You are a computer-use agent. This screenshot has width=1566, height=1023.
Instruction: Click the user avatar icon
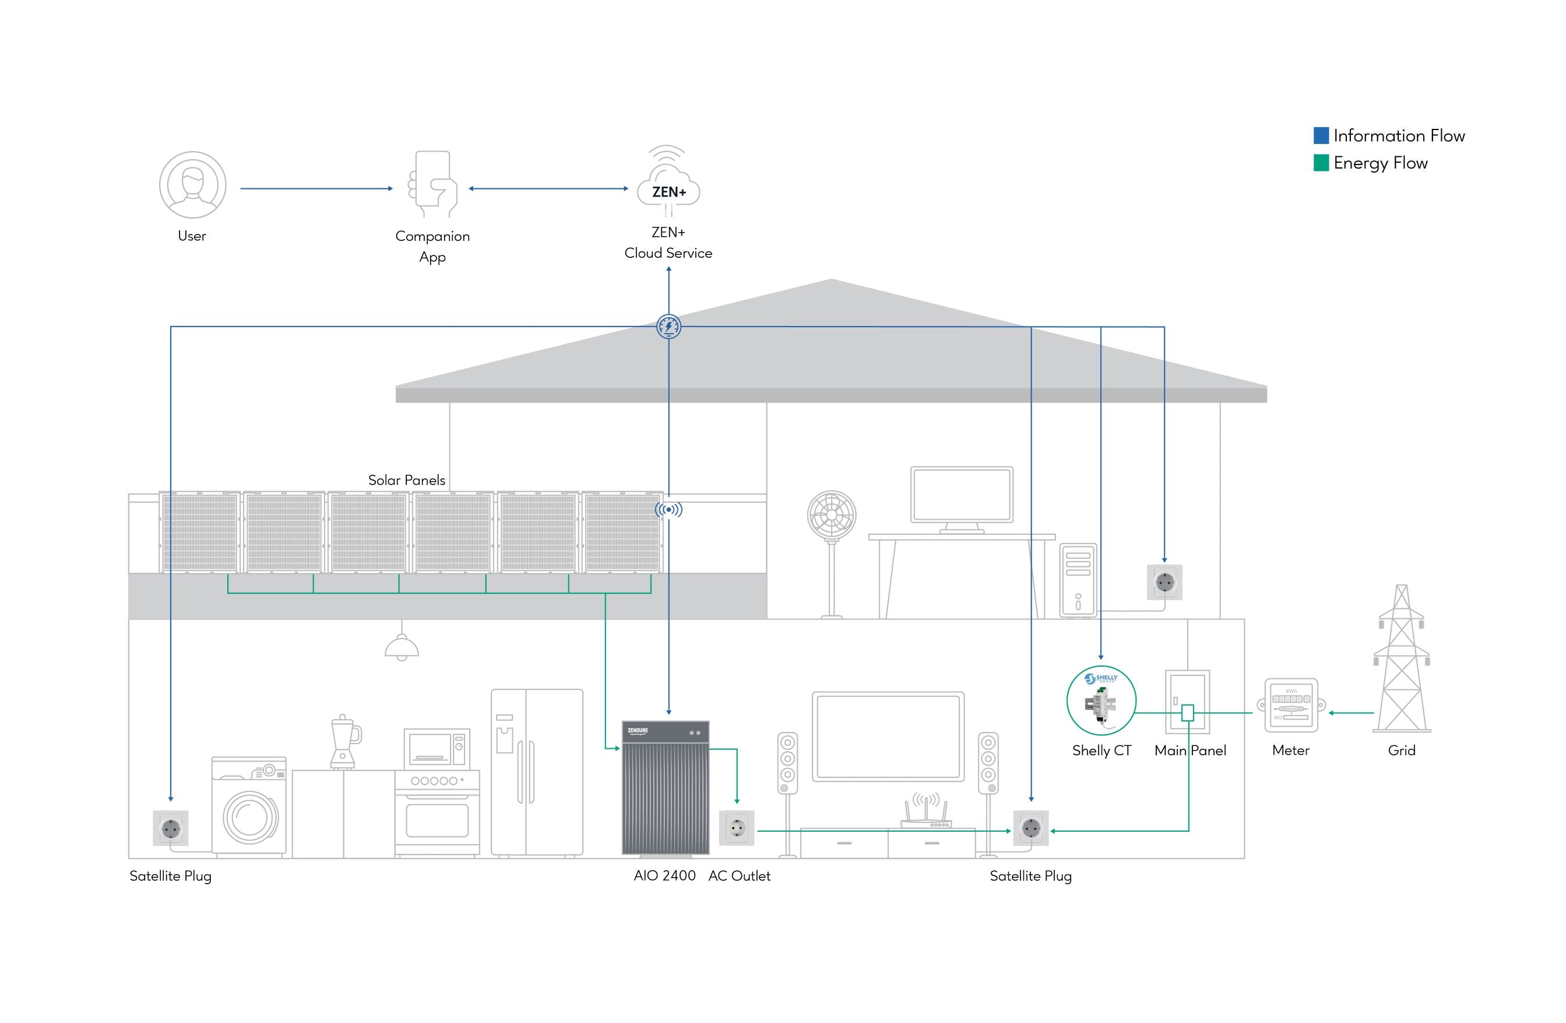(192, 185)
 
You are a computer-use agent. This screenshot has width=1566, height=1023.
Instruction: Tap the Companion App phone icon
(432, 184)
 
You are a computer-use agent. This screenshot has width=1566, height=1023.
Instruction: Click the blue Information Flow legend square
(1321, 136)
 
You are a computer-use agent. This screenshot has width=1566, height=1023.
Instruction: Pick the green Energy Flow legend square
(1321, 163)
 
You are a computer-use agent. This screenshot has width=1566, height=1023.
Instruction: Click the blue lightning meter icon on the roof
(668, 327)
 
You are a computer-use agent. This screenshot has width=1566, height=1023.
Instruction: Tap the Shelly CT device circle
(1101, 700)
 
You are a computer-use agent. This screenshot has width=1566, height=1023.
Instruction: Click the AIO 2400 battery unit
(665, 787)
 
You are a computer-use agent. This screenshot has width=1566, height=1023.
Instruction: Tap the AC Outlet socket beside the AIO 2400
(736, 828)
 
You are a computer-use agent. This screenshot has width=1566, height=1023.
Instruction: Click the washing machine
(249, 807)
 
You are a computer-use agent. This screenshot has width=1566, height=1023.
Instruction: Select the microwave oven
(437, 748)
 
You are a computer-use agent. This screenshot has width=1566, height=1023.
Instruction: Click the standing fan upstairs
(832, 553)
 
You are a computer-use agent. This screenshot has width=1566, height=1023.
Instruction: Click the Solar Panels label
(407, 481)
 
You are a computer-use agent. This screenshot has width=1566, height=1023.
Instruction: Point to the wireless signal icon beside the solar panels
(668, 510)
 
